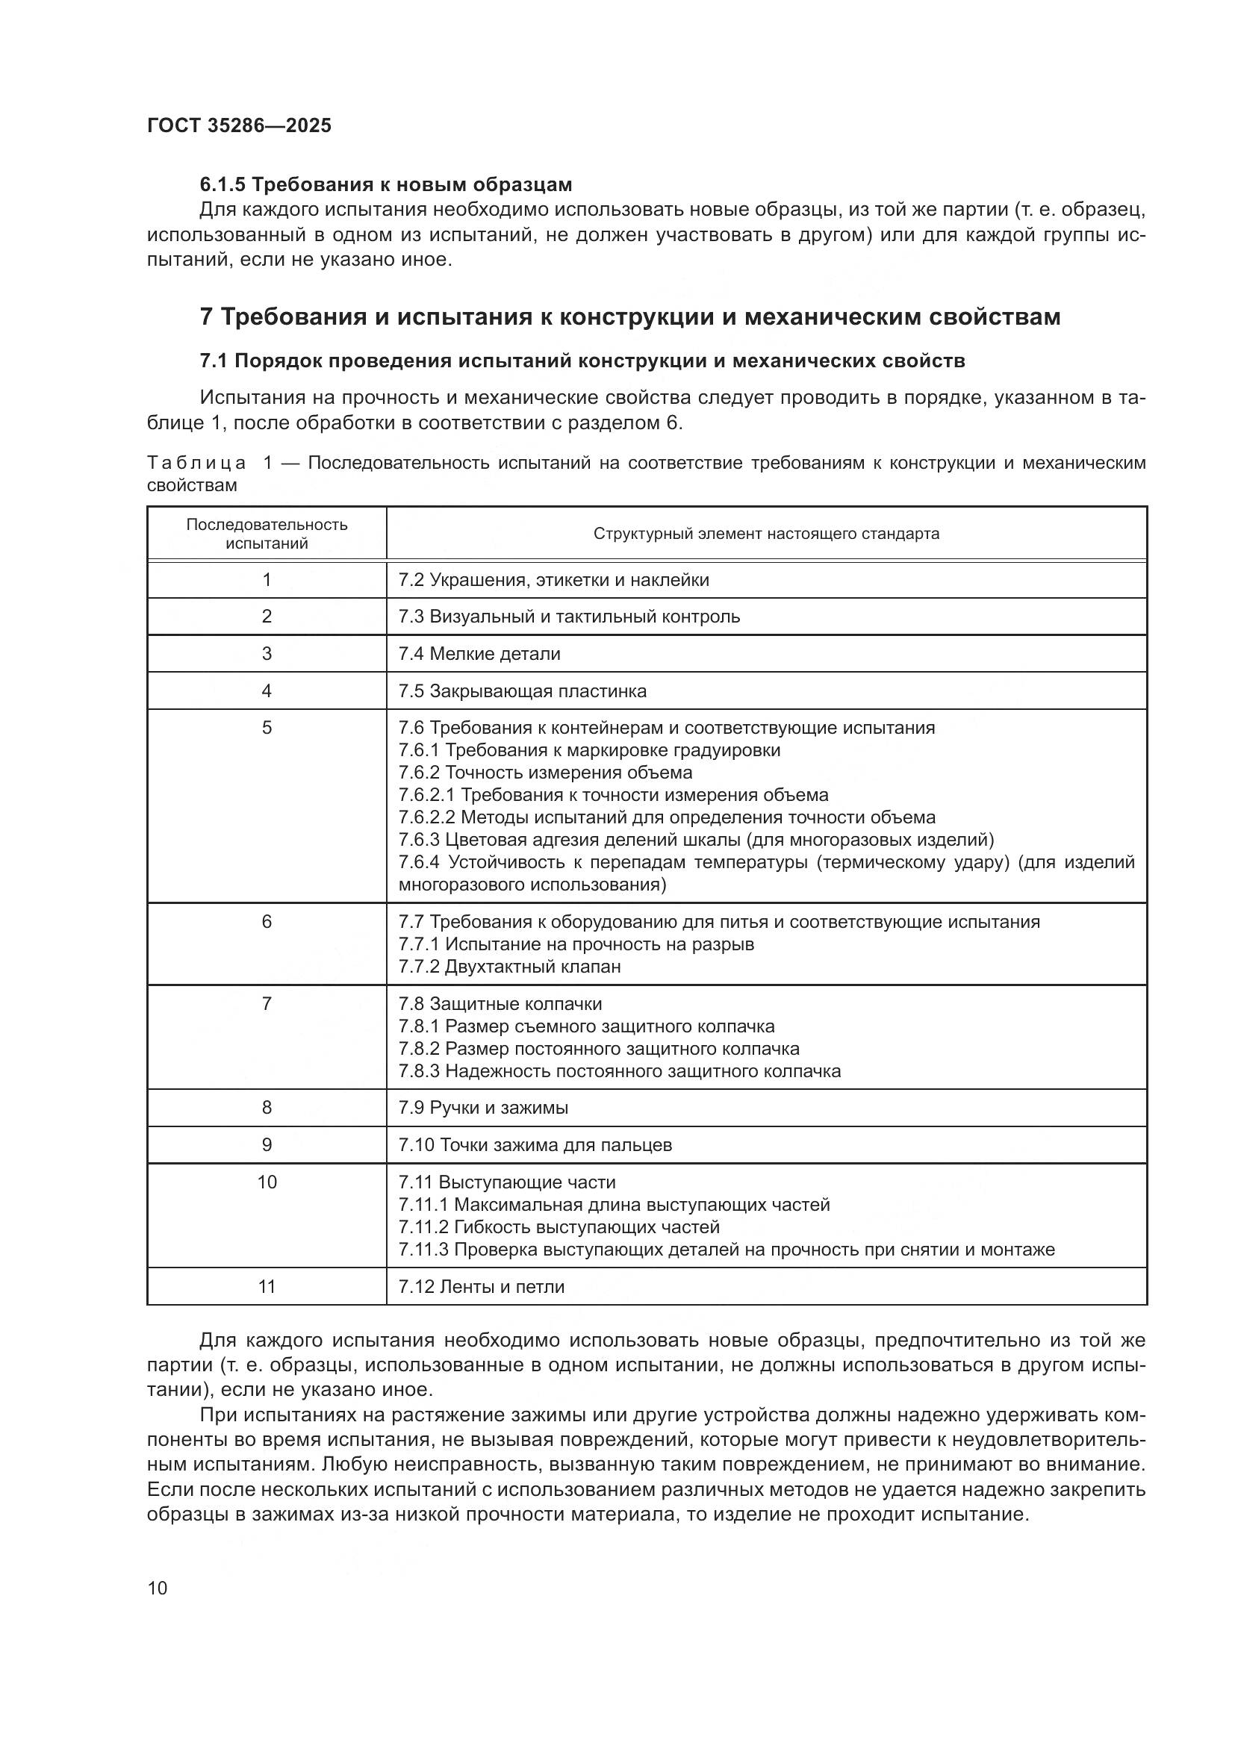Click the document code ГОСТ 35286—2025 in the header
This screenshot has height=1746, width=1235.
(240, 125)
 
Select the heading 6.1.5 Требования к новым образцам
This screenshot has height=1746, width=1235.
(385, 185)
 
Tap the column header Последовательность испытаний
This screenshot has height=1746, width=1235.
(267, 534)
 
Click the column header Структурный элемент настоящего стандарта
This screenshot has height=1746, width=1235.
(766, 534)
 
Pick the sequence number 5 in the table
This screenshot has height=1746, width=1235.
(267, 728)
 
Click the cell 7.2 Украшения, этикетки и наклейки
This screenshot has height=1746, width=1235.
(553, 580)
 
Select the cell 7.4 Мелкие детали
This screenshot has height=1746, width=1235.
(479, 654)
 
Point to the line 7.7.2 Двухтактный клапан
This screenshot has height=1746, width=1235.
(509, 967)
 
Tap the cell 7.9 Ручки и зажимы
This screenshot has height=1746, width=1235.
(484, 1108)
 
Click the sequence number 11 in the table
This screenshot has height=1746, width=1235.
(267, 1287)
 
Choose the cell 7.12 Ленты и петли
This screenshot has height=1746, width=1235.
(482, 1287)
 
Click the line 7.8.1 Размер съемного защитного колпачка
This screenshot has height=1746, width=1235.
(586, 1026)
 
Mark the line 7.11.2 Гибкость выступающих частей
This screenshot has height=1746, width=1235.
(559, 1226)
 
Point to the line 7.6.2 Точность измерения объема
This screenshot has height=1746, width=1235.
(545, 773)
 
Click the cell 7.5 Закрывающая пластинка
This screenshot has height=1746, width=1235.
(523, 691)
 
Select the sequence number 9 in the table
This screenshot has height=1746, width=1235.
(267, 1145)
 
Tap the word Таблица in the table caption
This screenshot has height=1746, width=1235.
(196, 463)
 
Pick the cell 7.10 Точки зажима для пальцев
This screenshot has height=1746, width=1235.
(535, 1145)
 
